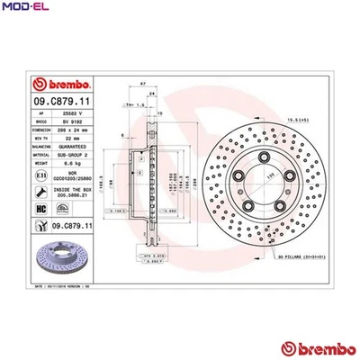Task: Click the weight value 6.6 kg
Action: (x=78, y=165)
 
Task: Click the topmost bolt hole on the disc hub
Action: (x=265, y=159)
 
